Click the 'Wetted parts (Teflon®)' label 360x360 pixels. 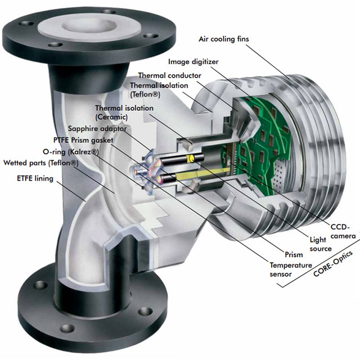tap(41, 163)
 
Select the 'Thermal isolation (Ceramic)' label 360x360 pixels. tap(120, 112)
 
